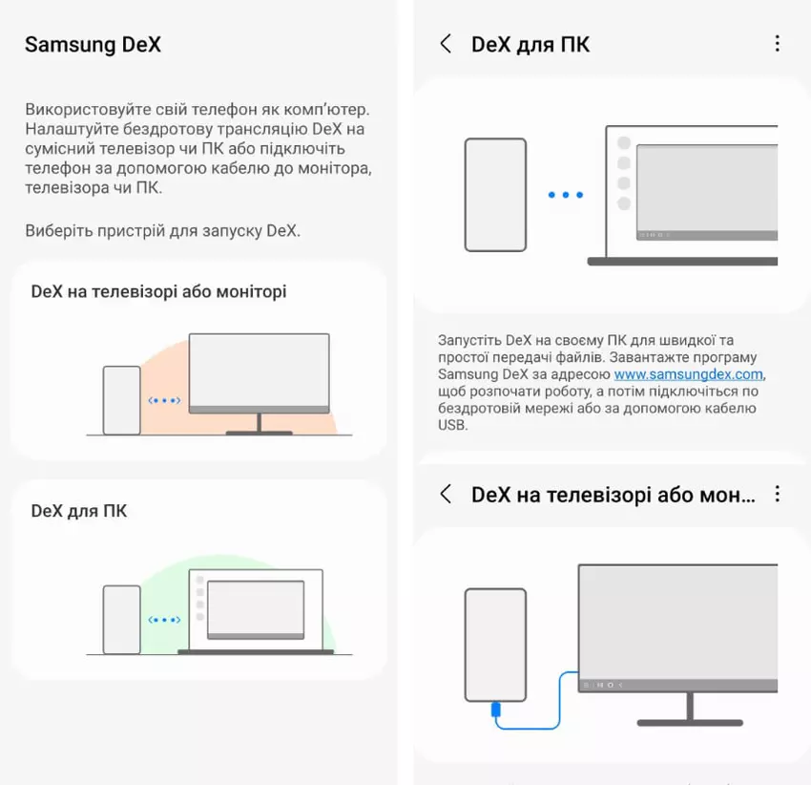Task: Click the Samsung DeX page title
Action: [x=94, y=45]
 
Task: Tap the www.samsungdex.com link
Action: [x=689, y=373]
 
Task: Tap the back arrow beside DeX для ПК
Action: [x=446, y=44]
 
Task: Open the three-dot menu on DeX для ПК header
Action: [x=777, y=44]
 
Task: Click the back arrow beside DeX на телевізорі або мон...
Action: [x=446, y=494]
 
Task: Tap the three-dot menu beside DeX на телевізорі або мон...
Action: [x=777, y=494]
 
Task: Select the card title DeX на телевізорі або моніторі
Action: [x=158, y=292]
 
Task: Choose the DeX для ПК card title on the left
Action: [x=79, y=511]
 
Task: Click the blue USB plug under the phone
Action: [x=495, y=709]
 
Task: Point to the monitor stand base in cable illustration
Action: [x=690, y=722]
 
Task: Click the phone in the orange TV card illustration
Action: [x=121, y=400]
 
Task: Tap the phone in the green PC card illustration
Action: [x=121, y=620]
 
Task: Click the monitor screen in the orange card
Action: [x=260, y=371]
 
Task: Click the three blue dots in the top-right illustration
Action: [x=566, y=195]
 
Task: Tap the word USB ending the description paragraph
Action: [x=452, y=425]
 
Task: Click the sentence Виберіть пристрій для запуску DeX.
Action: [x=162, y=230]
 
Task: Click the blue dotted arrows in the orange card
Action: [x=164, y=400]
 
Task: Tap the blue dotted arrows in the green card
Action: [x=164, y=620]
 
